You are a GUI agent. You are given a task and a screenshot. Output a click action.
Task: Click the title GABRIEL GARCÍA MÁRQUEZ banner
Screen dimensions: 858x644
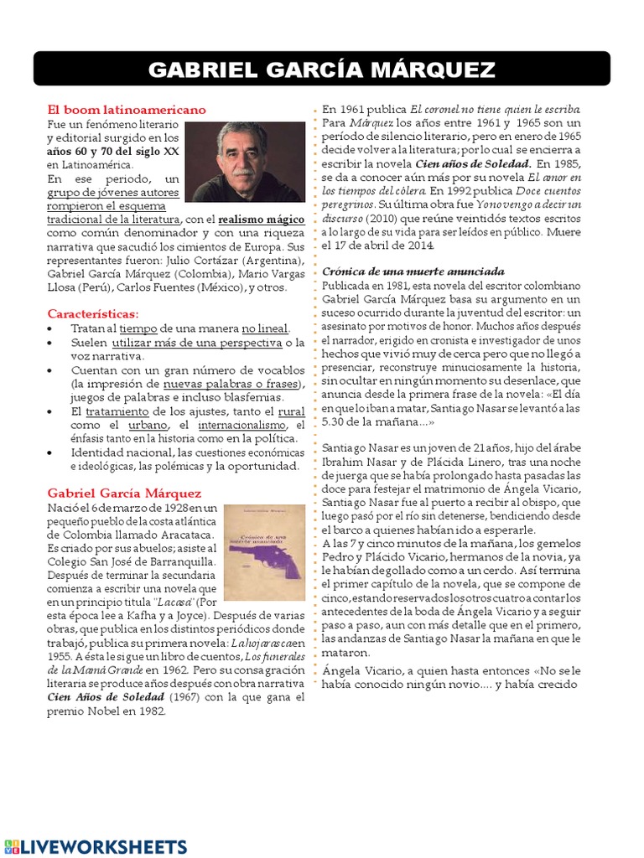pos(322,70)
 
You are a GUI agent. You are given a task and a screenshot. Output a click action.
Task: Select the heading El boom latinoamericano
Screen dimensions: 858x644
pos(126,110)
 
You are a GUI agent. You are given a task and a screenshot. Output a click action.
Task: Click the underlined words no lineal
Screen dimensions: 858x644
pos(265,328)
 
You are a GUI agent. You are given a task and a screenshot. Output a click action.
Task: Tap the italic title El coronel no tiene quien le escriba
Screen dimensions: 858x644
pos(495,110)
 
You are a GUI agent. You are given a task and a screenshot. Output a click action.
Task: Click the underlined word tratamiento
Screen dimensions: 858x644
pos(117,411)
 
